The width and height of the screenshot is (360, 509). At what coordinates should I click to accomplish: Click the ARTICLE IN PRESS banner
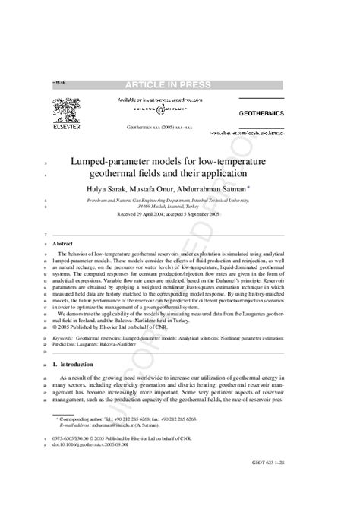point(180,84)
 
